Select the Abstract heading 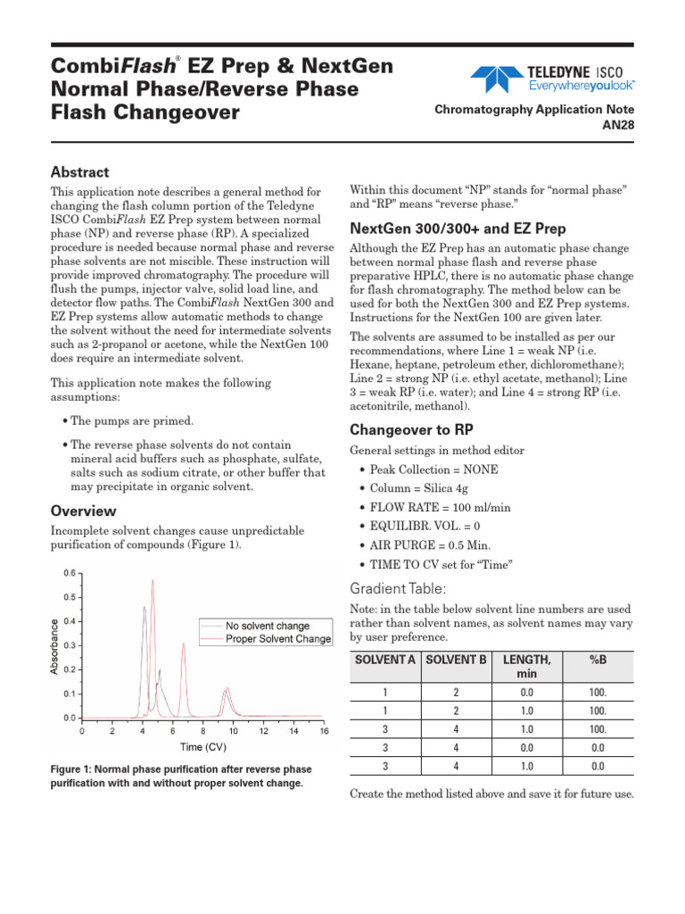[79, 172]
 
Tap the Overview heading [83, 511]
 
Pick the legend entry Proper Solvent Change [278, 639]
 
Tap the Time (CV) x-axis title [204, 747]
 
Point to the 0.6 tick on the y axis [68, 573]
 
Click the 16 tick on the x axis [324, 731]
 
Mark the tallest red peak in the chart [153, 581]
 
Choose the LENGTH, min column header [526, 666]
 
